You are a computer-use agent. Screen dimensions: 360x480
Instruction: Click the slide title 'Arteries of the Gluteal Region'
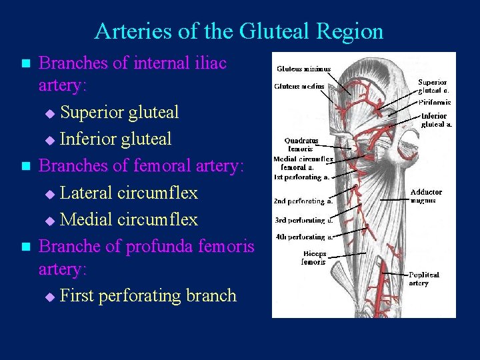(239, 31)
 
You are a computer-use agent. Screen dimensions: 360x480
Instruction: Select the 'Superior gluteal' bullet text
(119, 113)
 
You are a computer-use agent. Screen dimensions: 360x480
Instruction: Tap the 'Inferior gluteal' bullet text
(115, 139)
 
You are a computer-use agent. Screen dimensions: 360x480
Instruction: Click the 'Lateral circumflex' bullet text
(129, 193)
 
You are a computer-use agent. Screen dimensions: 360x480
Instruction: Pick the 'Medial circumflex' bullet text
(129, 219)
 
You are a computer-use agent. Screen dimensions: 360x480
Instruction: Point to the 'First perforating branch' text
(148, 295)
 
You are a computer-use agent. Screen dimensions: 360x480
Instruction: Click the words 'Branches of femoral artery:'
(133, 166)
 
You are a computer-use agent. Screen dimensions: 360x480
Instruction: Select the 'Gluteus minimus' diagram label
(303, 69)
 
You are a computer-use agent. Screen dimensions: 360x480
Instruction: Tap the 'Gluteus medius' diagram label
(299, 86)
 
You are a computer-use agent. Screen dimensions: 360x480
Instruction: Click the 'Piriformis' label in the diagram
(435, 103)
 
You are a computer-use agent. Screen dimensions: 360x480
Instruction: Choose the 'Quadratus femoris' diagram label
(301, 145)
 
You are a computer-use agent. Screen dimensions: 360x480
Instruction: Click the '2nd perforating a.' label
(303, 201)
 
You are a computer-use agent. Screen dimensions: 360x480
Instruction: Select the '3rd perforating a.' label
(304, 220)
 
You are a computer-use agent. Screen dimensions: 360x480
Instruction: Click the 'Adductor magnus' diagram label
(426, 196)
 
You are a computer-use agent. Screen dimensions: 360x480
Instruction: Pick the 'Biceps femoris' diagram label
(313, 258)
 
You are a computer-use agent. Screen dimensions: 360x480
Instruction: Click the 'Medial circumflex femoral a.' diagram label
(303, 163)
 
